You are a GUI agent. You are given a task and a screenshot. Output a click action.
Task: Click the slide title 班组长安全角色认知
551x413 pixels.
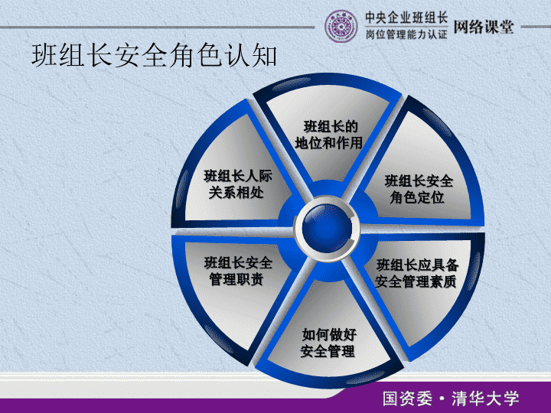(155, 56)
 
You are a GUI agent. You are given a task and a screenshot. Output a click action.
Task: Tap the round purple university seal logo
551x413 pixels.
(341, 26)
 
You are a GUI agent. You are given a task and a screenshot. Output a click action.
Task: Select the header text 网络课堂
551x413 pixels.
(484, 27)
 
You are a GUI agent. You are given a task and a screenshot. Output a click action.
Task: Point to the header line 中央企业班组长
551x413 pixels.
(406, 18)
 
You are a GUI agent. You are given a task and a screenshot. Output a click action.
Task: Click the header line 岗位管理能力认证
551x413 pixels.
(406, 34)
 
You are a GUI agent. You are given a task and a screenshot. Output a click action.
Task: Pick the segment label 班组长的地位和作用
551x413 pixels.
(329, 135)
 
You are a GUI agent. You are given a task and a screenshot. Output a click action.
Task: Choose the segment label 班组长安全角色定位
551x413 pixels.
(418, 189)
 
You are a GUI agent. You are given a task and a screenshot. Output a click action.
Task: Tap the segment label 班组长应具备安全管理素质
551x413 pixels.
(417, 273)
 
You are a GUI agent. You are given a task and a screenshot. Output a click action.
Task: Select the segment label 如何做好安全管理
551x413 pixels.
(328, 343)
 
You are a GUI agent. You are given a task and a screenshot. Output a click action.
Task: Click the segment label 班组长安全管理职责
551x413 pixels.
(238, 271)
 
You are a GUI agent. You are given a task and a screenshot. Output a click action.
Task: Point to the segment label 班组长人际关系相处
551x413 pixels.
(238, 184)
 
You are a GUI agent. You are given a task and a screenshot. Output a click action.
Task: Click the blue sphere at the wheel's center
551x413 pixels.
(327, 228)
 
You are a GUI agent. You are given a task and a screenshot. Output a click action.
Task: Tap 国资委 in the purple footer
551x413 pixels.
(408, 398)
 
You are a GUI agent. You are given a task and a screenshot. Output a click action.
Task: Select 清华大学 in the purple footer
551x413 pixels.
(485, 398)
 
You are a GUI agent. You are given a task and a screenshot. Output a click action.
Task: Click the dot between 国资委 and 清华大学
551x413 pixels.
(442, 399)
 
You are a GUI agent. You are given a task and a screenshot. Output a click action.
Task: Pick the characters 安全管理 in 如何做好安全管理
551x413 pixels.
(328, 351)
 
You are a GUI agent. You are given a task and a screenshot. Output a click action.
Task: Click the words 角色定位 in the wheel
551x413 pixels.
(417, 197)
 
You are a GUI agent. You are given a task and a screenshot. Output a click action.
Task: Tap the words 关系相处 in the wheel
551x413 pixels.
(236, 193)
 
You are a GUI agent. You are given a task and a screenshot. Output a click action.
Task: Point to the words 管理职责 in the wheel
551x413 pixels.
(236, 280)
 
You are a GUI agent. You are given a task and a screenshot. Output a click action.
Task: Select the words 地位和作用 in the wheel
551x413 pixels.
(329, 143)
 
